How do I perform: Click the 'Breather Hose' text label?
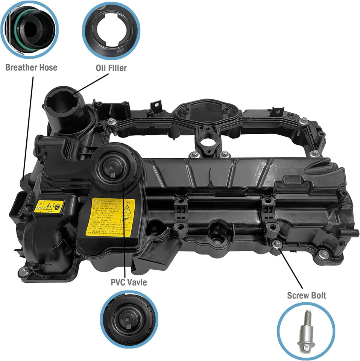click(31, 68)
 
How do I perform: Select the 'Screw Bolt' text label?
click(307, 295)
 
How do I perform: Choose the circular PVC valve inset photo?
click(129, 319)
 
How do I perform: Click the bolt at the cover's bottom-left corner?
click(24, 270)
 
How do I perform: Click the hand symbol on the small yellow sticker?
click(57, 206)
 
